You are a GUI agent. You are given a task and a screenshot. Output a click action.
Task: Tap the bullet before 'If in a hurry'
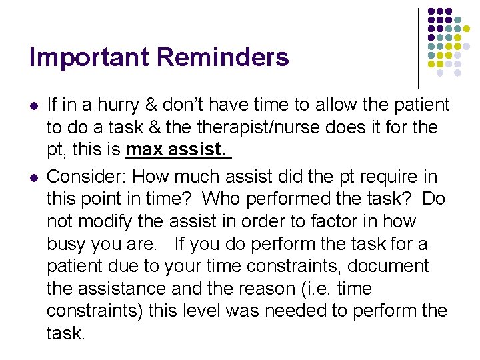[33, 106]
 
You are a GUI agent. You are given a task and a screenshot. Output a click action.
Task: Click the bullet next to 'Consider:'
[33, 177]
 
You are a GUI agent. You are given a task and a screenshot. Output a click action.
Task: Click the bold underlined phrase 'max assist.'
[177, 150]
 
